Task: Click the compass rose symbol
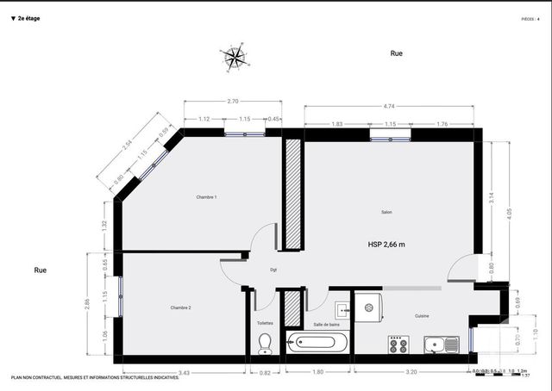point(234,57)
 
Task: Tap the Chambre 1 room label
point(206,197)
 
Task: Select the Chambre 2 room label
point(180,307)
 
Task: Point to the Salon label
point(387,212)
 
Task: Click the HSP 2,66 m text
point(386,245)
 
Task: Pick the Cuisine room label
point(422,316)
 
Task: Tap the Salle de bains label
point(325,324)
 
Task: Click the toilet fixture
point(265,343)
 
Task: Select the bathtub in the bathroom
point(317,342)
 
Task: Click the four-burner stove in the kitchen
point(398,344)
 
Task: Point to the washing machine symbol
point(368,307)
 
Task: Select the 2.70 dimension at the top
point(233,102)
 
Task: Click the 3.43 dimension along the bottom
point(184,373)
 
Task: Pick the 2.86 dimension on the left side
point(87,304)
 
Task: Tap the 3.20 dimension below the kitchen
point(411,373)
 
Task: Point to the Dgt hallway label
point(273,270)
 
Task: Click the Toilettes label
point(265,323)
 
